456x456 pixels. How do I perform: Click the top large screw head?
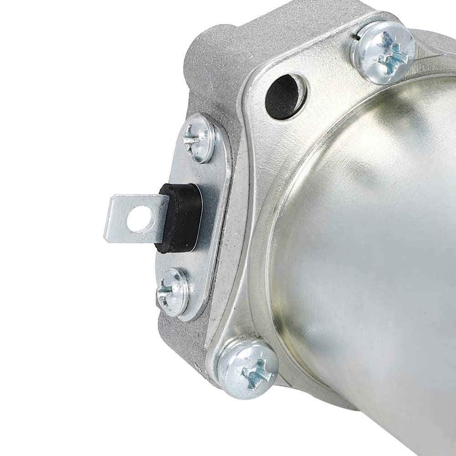tap(383, 52)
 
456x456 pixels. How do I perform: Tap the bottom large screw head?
tap(248, 363)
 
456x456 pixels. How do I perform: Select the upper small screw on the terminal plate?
tap(199, 138)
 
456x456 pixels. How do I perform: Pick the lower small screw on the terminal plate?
tap(173, 291)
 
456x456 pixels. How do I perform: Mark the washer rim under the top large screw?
tap(360, 68)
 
